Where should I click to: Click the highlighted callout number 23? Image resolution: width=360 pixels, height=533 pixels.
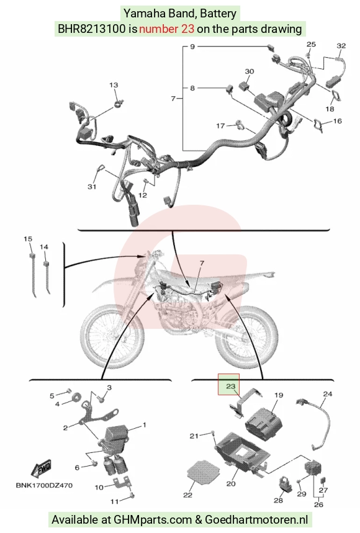(230, 386)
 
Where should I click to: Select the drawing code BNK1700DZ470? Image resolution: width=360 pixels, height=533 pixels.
(44, 485)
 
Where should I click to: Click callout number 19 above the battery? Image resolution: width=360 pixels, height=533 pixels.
(279, 395)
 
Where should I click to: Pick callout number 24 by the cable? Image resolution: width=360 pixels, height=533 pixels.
(327, 394)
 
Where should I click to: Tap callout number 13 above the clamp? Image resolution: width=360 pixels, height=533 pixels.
(114, 84)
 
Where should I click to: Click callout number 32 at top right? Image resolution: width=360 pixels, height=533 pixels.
(341, 45)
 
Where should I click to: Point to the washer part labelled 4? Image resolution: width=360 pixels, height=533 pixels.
(76, 396)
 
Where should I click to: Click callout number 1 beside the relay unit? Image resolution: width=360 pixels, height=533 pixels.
(144, 424)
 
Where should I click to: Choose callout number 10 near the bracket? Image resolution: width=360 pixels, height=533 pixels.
(99, 487)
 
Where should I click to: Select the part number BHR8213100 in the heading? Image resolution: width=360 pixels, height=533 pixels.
(91, 29)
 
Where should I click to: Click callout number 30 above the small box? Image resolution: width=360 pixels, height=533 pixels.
(249, 71)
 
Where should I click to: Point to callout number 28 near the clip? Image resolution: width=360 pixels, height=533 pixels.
(278, 500)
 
